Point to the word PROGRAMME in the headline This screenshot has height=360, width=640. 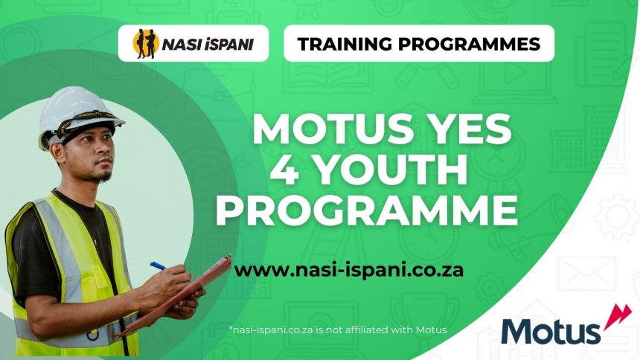tap(366, 210)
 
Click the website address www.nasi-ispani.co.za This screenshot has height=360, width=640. tap(349, 269)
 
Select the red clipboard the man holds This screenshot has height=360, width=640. tap(179, 294)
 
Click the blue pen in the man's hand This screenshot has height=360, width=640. tap(158, 265)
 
